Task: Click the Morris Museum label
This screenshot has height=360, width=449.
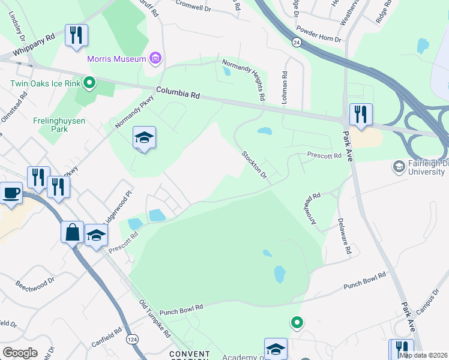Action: (116, 59)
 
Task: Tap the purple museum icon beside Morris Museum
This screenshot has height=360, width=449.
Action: (155, 58)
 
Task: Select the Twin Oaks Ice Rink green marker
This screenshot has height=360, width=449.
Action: (89, 82)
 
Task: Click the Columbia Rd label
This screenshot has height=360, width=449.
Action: (178, 94)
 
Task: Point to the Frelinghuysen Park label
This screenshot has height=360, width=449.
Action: (59, 125)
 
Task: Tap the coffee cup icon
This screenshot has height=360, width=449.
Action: (11, 193)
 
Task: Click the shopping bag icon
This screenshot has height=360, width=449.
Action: (72, 232)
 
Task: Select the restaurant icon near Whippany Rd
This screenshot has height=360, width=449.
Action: (76, 35)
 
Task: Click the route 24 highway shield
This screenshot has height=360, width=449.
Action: (297, 42)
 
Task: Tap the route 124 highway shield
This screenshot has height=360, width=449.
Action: (130, 340)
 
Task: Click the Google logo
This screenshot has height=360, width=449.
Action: (20, 353)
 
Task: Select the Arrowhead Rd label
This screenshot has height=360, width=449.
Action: (312, 209)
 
